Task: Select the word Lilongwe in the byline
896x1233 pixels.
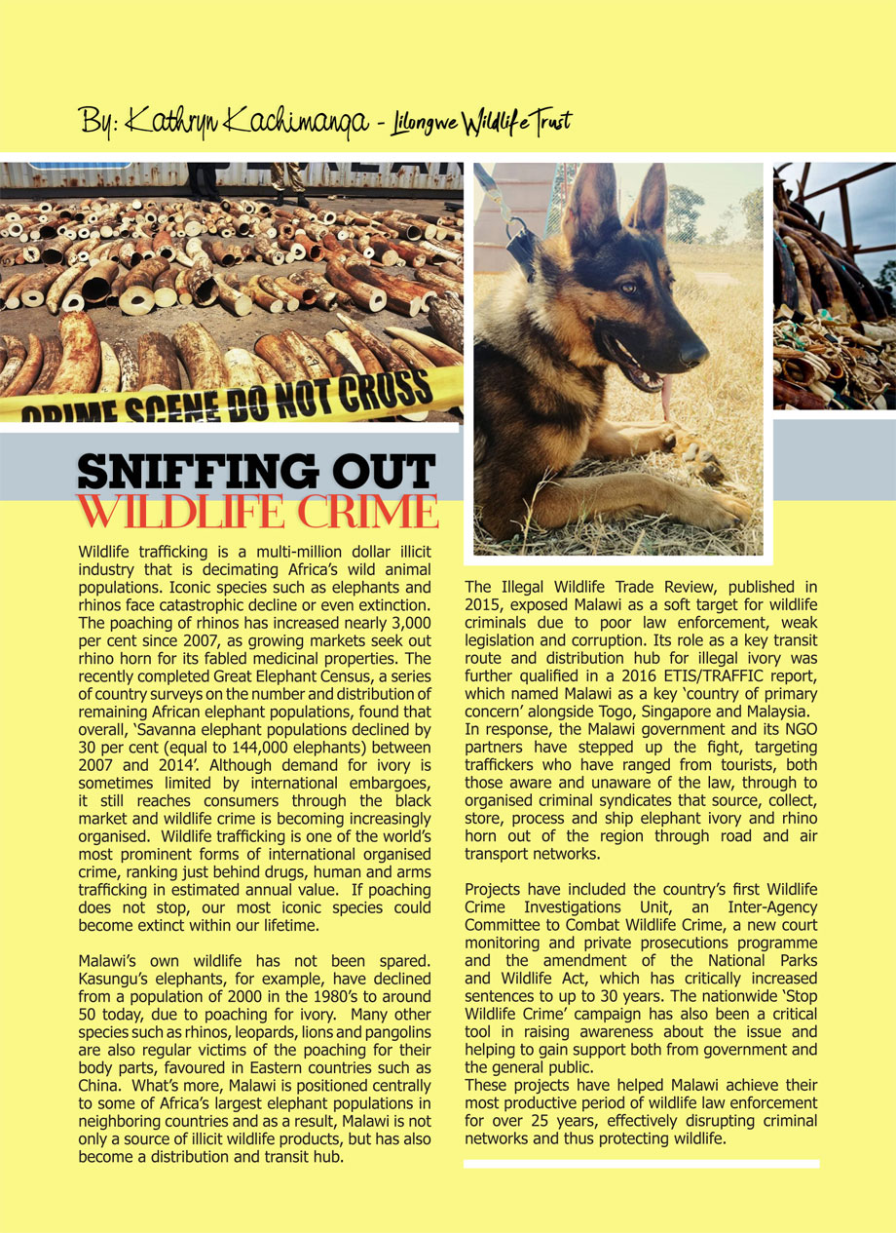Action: tap(429, 124)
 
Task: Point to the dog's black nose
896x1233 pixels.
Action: tap(694, 353)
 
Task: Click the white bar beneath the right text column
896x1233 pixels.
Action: tap(641, 1164)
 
